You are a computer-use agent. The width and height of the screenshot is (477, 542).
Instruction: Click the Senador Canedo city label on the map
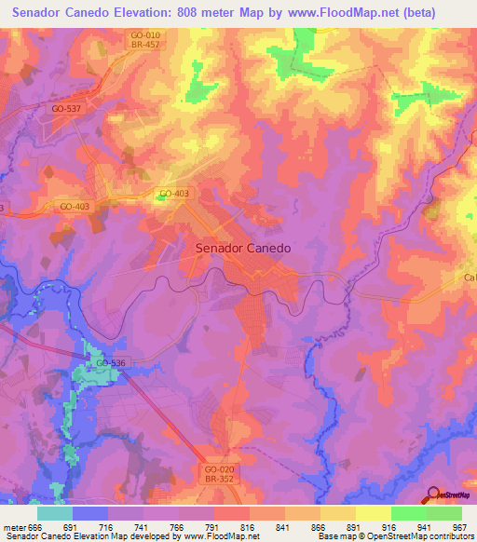(243, 249)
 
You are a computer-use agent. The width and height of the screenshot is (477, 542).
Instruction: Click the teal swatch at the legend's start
(55, 513)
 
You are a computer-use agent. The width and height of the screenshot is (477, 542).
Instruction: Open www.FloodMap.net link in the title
(358, 11)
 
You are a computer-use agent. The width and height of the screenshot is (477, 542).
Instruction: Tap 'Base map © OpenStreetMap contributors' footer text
(394, 536)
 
